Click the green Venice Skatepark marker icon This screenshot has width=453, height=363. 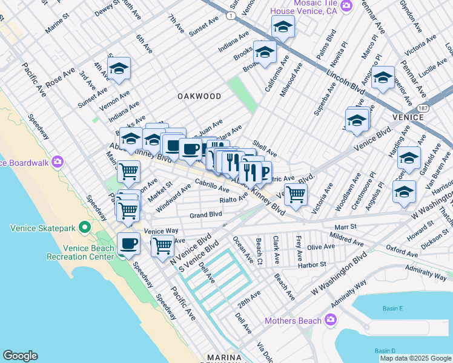click(84, 228)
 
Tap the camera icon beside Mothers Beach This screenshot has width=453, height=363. click(331, 319)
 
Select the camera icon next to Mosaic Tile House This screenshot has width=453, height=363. click(346, 6)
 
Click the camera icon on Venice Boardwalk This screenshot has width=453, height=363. click(58, 162)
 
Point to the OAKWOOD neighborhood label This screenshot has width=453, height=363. click(199, 96)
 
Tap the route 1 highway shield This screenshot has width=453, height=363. click(230, 16)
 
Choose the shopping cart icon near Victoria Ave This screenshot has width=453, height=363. click(296, 194)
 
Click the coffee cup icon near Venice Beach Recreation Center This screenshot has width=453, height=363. click(128, 243)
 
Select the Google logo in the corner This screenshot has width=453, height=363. click(20, 356)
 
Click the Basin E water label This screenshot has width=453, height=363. click(392, 309)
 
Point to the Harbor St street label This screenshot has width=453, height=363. click(312, 264)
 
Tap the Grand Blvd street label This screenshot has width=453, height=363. click(206, 215)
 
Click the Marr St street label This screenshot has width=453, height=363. click(344, 227)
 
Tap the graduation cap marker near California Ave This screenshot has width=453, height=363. click(265, 53)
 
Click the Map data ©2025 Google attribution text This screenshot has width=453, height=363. click(415, 358)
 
